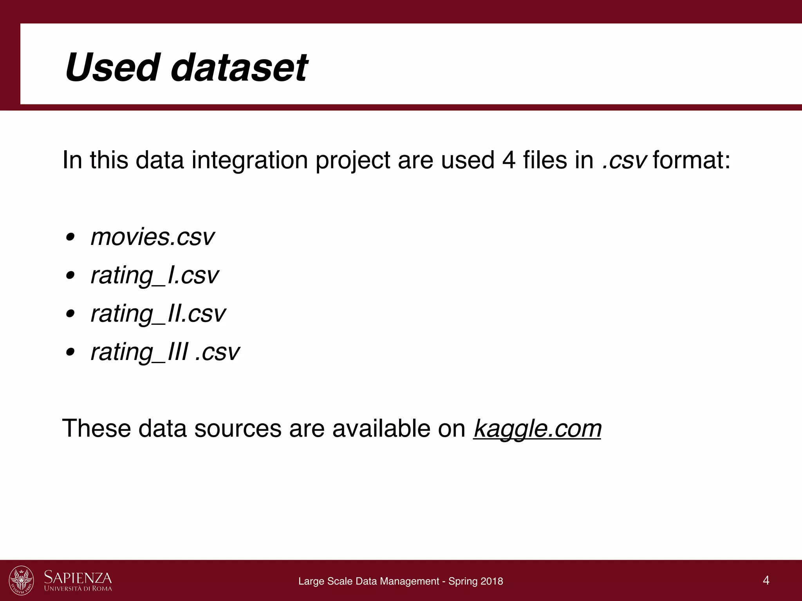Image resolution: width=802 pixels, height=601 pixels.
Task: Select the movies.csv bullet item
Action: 152,237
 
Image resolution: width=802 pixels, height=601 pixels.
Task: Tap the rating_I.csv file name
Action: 154,275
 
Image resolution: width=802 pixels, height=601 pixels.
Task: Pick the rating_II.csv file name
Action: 158,314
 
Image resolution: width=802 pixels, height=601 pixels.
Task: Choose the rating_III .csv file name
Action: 165,352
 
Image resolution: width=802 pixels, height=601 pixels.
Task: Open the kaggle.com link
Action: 537,429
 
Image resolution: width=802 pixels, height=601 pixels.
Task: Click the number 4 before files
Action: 508,160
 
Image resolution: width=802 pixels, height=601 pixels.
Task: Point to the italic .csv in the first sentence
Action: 624,160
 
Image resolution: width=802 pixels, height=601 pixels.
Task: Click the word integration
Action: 249,160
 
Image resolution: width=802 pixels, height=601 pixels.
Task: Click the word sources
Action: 238,429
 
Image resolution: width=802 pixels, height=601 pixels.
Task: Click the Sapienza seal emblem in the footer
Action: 21,580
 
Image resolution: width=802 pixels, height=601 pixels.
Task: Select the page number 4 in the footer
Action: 766,580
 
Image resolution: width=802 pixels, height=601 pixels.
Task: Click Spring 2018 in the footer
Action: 475,581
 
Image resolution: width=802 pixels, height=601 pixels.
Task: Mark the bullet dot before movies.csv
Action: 70,238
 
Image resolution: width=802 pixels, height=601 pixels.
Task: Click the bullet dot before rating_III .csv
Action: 70,353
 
